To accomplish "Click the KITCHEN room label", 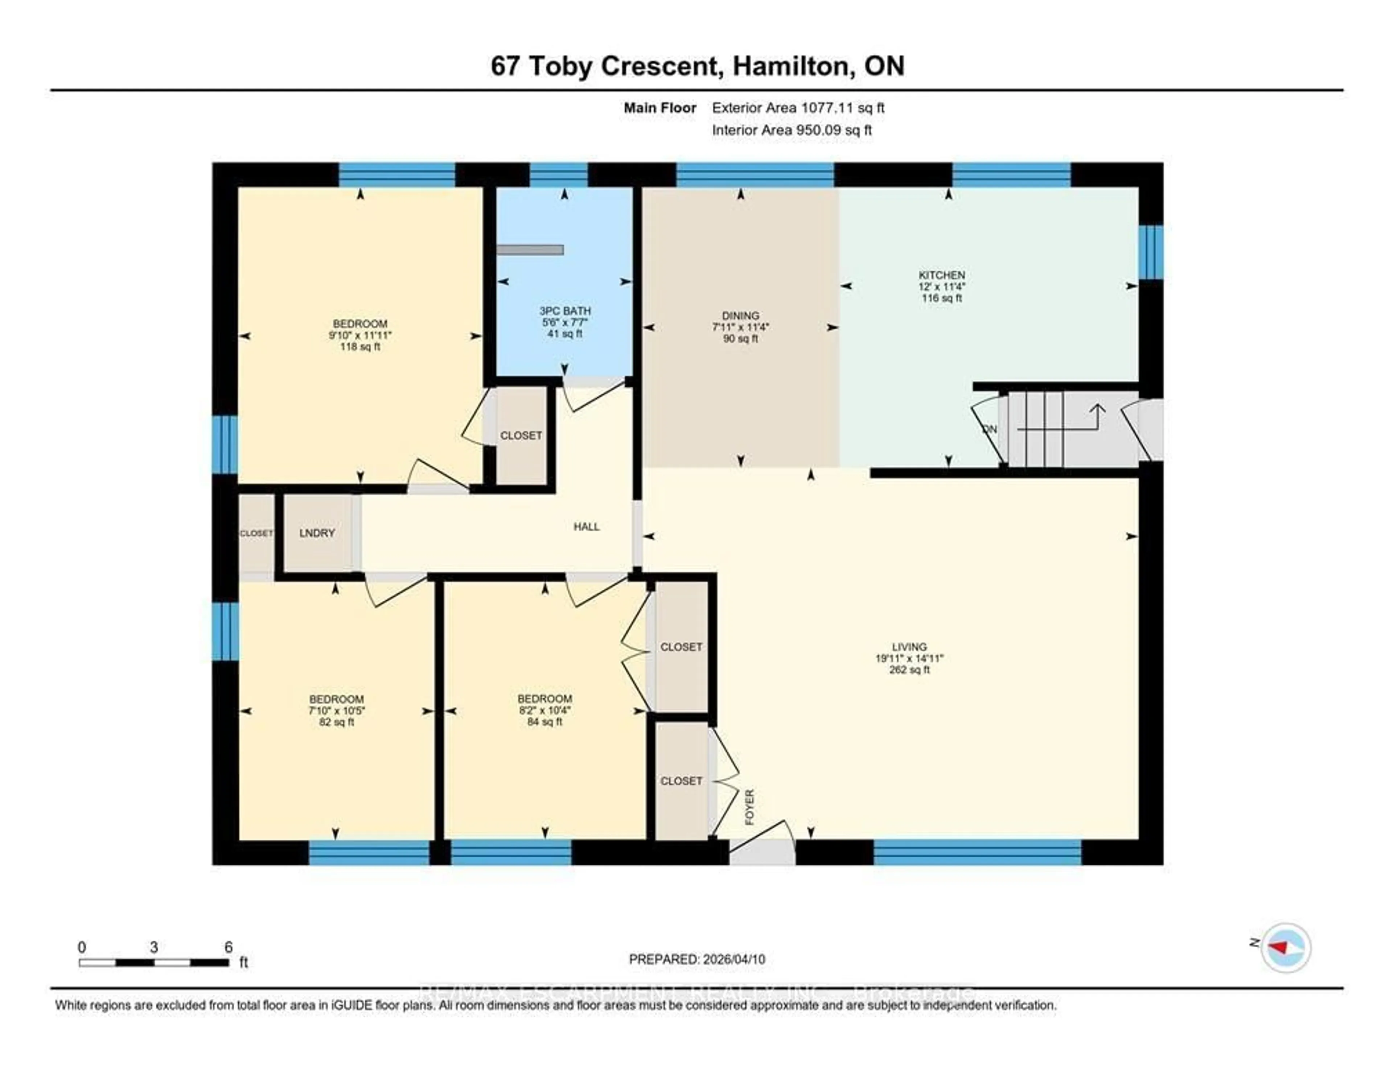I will coord(941,275).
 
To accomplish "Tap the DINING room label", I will coord(740,316).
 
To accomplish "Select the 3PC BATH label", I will coord(564,310).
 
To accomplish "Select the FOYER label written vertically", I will coord(749,807).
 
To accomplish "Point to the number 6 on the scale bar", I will coord(228,947).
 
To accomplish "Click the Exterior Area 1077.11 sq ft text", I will coord(798,108).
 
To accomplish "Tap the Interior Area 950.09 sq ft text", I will coord(792,130).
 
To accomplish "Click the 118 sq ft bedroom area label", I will coord(360,347).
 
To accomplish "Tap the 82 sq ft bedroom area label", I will coord(336,722).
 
